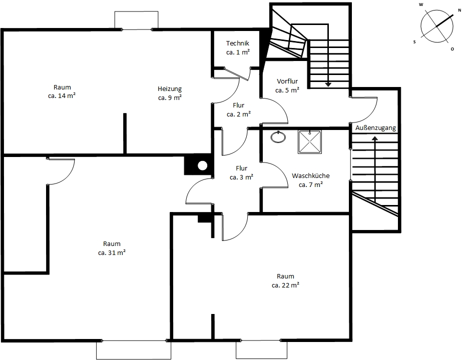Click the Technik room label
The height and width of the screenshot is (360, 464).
click(238, 43)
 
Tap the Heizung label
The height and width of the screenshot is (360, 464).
click(170, 88)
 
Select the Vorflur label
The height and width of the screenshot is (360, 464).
click(287, 81)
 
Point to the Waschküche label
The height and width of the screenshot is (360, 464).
click(311, 175)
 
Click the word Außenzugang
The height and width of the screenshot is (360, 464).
click(375, 127)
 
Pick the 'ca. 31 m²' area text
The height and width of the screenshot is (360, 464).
click(112, 252)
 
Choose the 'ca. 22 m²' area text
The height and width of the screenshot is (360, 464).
click(285, 285)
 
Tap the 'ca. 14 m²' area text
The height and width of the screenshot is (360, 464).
click(62, 96)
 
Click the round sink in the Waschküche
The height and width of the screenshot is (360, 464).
click(278, 137)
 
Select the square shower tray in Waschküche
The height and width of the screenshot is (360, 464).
click(309, 142)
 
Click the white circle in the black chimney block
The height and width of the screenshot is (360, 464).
click(202, 166)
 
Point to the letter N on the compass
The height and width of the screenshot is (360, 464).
click(459, 10)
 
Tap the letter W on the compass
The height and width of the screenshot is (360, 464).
click(421, 4)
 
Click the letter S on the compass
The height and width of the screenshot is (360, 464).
click(414, 42)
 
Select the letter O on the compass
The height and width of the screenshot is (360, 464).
click(452, 49)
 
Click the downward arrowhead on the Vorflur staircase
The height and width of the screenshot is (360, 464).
click(328, 84)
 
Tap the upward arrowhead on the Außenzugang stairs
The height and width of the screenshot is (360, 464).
click(375, 138)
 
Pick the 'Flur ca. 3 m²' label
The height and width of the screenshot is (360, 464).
click(241, 172)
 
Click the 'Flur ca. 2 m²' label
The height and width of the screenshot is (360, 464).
click(239, 109)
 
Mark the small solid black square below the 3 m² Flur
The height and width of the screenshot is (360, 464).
click(204, 218)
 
